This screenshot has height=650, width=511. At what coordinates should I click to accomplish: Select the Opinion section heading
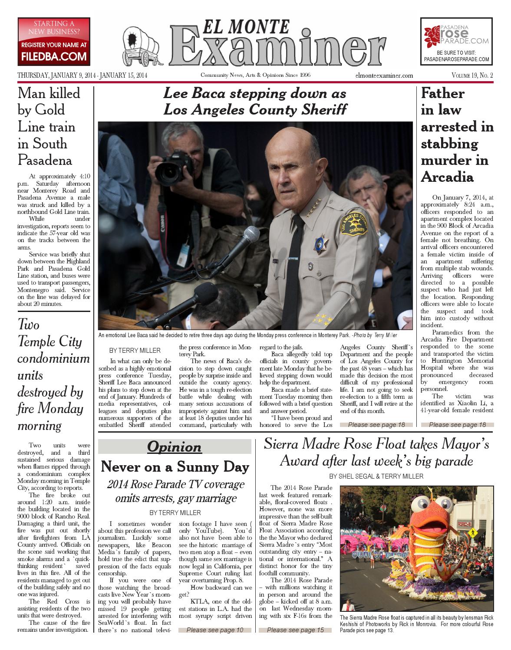pyautogui.click(x=175, y=446)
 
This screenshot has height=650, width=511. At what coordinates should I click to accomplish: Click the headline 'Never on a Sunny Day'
pyautogui.click(x=175, y=467)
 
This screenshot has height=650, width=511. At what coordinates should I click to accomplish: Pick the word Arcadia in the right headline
pyautogui.click(x=447, y=177)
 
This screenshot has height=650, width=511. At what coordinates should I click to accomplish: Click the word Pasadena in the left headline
pyautogui.click(x=44, y=160)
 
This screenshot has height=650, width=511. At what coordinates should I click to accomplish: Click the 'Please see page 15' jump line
pyautogui.click(x=295, y=630)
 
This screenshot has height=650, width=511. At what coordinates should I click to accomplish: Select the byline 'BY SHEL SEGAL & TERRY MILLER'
pyautogui.click(x=376, y=476)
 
